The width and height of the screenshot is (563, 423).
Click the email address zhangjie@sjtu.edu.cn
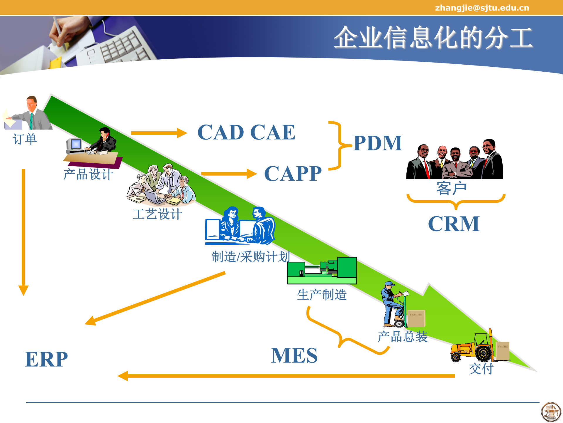point(482,8)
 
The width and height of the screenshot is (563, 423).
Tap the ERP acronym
point(46,359)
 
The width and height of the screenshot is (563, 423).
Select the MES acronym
point(294,355)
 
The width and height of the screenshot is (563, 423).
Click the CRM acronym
point(454,224)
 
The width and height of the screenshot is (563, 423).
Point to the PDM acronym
point(378,143)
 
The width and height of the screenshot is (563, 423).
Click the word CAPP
point(293,174)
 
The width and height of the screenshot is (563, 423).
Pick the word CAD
point(221,132)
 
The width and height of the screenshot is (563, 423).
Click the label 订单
point(25,139)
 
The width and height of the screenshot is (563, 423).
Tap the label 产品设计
point(88,174)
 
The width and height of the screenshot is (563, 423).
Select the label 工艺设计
point(157,214)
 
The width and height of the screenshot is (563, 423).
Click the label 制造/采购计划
point(251,257)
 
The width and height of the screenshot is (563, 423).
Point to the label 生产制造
point(322,295)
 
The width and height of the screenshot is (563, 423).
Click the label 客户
point(451,188)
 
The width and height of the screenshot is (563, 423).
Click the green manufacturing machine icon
point(322,270)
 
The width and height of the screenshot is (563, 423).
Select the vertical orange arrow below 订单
point(23,232)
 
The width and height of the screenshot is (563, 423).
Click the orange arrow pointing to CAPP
point(229,174)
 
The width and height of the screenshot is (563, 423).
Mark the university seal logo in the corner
point(551,412)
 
